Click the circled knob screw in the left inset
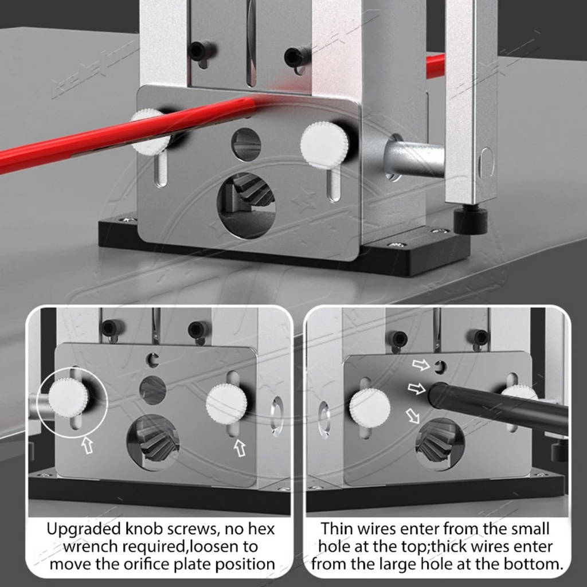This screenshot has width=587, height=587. click(x=69, y=398)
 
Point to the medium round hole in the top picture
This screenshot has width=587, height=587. click(x=246, y=144)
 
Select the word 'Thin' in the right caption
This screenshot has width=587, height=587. click(x=336, y=529)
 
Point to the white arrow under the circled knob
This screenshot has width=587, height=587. click(x=87, y=445)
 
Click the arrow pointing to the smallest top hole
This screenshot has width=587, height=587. click(x=421, y=364)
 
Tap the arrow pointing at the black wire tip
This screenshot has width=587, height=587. click(x=416, y=389)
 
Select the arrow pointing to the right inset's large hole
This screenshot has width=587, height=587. click(x=413, y=416)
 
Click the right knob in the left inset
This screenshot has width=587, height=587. click(x=226, y=404)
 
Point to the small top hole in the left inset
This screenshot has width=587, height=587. click(x=152, y=359)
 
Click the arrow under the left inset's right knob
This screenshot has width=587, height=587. click(x=240, y=447)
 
